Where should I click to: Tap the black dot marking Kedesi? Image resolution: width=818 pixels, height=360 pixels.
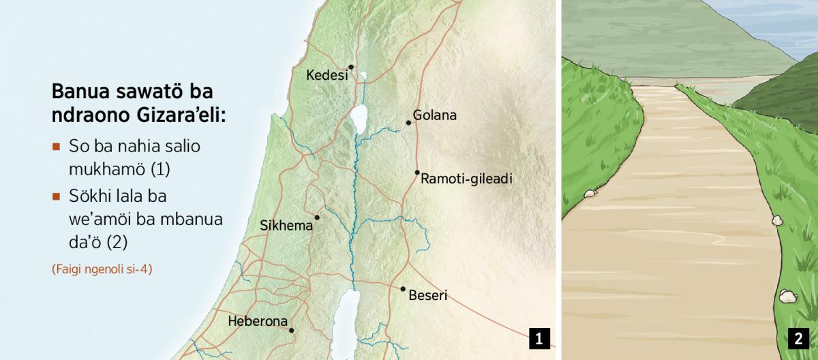click(x=351, y=67)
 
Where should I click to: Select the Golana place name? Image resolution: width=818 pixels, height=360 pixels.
click(x=434, y=115)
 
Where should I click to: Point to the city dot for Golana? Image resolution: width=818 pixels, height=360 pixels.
click(x=408, y=123)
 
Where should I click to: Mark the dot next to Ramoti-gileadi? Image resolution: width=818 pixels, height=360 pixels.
click(x=417, y=172)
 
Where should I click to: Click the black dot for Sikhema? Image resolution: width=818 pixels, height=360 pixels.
click(x=317, y=217)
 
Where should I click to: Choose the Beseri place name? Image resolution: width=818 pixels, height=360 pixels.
click(x=427, y=296)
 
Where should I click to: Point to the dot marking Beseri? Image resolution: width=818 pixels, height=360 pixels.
click(x=403, y=289)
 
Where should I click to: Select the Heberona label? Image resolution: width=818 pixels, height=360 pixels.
click(x=258, y=321)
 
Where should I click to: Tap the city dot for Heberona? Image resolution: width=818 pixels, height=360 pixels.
click(x=292, y=331)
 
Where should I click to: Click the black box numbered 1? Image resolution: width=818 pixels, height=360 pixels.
click(x=539, y=338)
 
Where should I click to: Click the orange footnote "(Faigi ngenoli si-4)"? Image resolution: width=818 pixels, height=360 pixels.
click(x=102, y=269)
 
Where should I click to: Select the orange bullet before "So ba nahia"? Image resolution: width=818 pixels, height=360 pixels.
click(x=56, y=147)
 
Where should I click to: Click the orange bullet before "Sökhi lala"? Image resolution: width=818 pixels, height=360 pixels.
click(x=56, y=196)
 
